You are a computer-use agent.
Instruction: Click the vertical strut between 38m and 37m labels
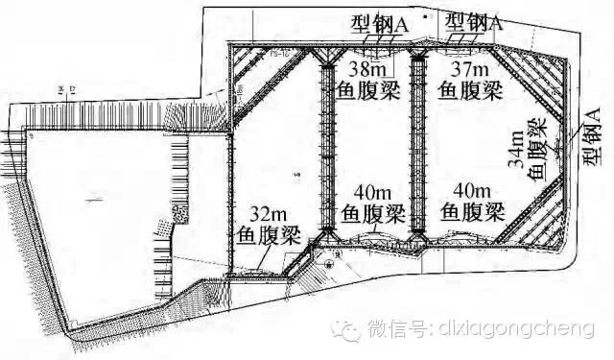click(417, 144)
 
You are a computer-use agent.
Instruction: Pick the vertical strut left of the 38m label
click(324, 144)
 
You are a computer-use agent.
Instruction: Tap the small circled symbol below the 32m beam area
click(329, 262)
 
